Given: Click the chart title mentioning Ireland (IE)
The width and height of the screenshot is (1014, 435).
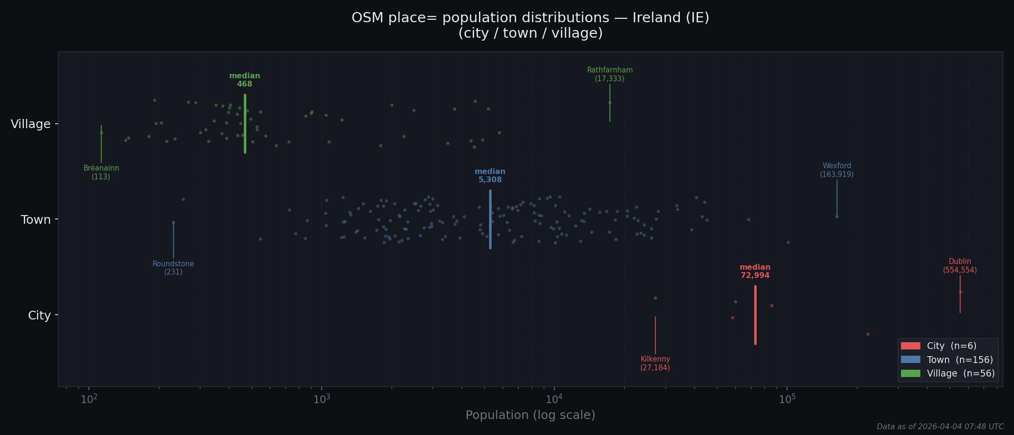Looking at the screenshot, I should point(530,25).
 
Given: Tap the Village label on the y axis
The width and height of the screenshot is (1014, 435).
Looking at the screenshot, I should point(30,124).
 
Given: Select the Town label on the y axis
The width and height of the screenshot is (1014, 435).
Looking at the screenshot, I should point(35,220).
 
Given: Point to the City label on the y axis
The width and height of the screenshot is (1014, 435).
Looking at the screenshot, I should point(39,316).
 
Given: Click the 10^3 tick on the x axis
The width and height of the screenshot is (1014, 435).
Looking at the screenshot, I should point(322,399).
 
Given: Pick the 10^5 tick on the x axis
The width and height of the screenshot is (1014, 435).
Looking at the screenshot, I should point(787,399).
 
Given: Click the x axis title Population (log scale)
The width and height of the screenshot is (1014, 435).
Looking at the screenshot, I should point(530,415).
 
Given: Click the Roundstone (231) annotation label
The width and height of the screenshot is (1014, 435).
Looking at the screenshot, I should point(173,268).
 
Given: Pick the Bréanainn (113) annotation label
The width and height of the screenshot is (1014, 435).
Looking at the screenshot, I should point(101,173).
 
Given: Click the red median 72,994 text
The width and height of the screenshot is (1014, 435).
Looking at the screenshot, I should point(755,272).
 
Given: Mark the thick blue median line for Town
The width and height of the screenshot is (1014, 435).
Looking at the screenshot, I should point(490,220).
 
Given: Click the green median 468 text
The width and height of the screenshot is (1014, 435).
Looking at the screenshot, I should point(244,80).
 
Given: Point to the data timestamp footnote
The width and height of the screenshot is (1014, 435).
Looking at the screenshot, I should point(940,427).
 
